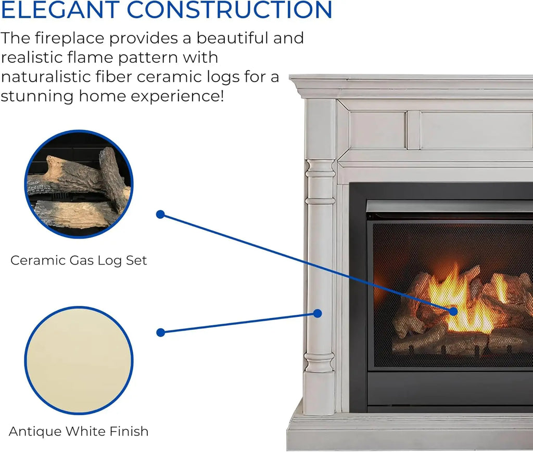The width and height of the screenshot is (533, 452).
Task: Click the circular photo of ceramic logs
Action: click(x=79, y=184)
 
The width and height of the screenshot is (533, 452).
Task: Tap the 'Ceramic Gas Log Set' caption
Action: click(x=79, y=260)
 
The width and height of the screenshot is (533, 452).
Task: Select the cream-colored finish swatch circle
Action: click(x=79, y=360)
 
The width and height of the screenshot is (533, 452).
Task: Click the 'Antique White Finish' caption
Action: click(x=79, y=431)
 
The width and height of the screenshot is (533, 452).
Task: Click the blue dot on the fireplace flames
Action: click(x=453, y=311)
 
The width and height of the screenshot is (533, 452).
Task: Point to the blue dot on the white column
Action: click(x=318, y=313)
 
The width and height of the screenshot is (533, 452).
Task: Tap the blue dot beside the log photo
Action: click(x=160, y=214)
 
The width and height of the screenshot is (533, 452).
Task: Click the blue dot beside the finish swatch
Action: click(x=160, y=333)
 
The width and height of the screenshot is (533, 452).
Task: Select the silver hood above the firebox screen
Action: click(x=448, y=207)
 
